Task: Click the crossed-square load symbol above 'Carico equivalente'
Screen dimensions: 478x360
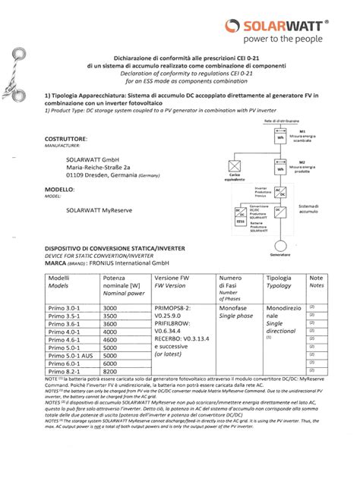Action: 235,165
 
